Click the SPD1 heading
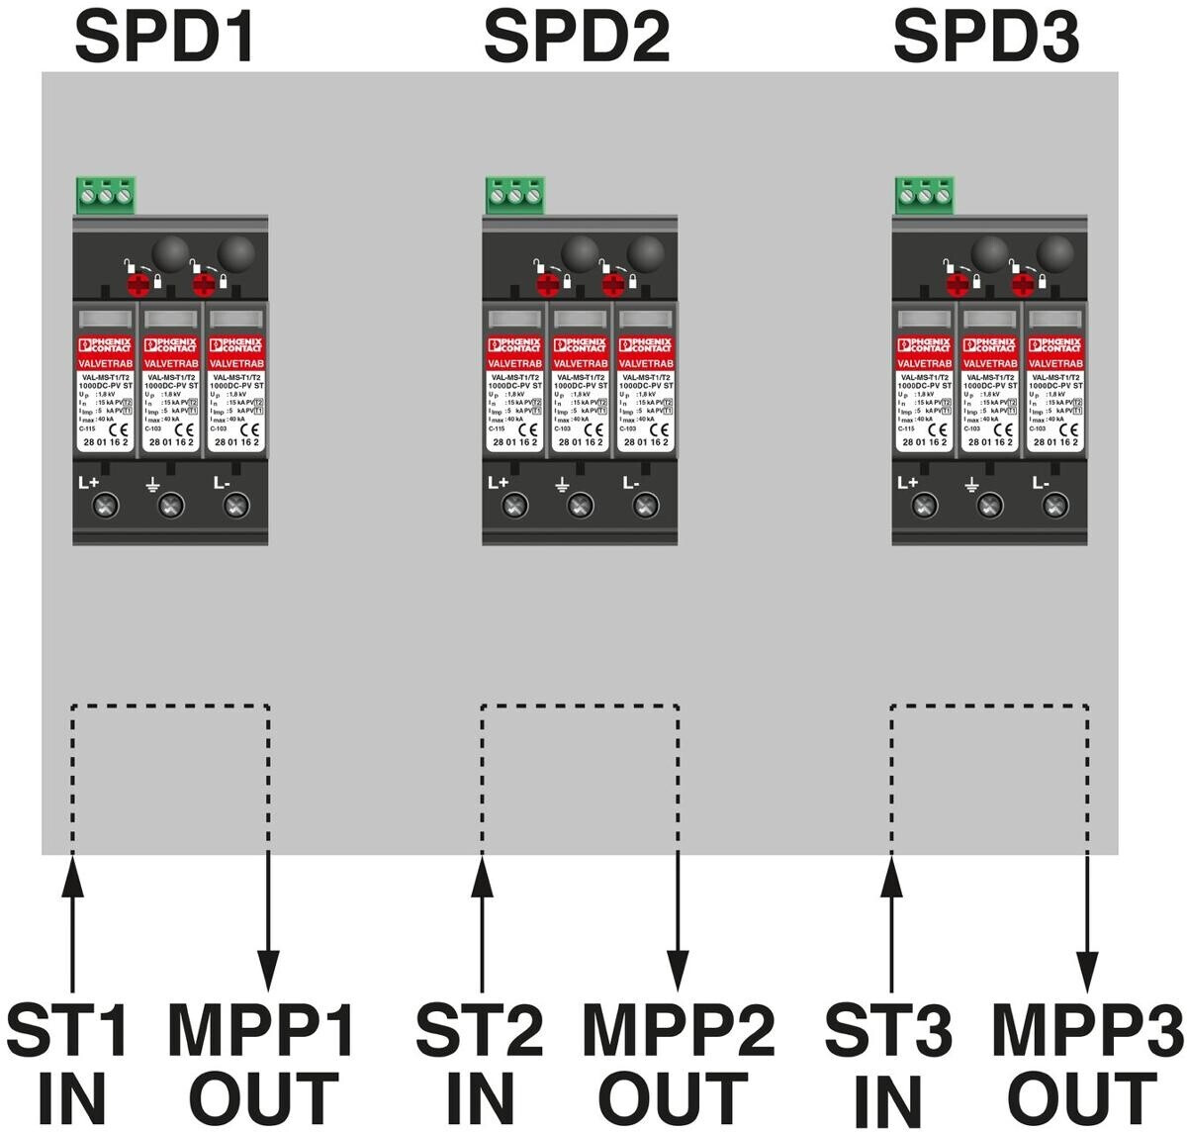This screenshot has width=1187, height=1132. [x=167, y=38]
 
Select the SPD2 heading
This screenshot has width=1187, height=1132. [x=577, y=38]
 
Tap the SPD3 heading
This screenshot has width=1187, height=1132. [x=986, y=38]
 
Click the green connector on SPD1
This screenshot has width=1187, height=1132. [x=104, y=196]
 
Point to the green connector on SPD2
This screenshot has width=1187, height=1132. [x=514, y=196]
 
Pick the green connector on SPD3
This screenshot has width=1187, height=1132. [x=924, y=196]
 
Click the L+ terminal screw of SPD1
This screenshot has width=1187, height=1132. [x=105, y=507]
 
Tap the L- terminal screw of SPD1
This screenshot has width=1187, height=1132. [x=235, y=507]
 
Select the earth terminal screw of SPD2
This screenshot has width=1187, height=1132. [x=580, y=507]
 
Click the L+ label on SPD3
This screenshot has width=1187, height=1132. [x=907, y=484]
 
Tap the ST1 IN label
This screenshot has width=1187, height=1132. [x=69, y=1064]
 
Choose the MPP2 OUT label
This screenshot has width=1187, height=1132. [x=678, y=1064]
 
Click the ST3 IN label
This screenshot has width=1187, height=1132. [x=888, y=1064]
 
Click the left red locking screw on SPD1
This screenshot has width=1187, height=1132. [x=138, y=284]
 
